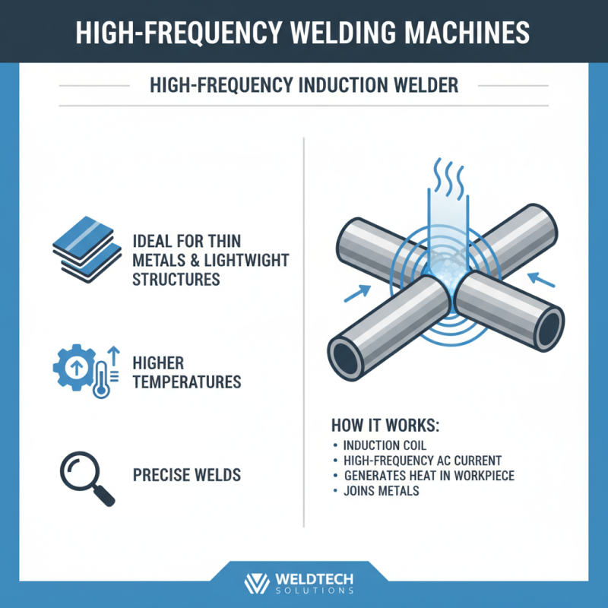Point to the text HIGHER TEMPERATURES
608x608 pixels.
pyautogui.click(x=187, y=372)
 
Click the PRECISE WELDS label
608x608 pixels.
pyautogui.click(x=187, y=476)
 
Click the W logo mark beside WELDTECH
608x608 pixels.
pyautogui.click(x=257, y=583)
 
